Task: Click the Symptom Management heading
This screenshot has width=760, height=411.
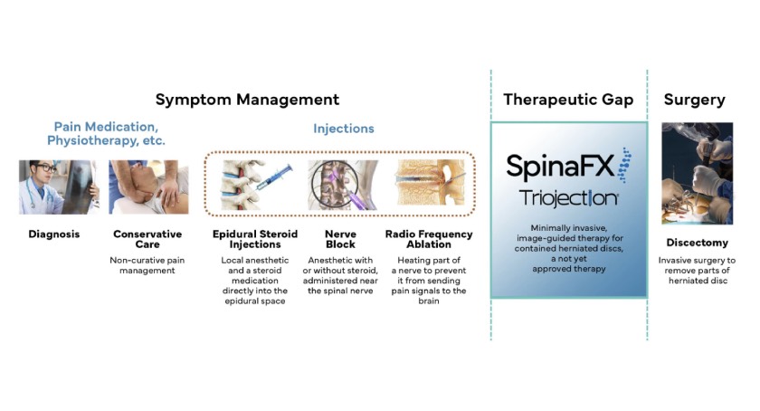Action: [x=247, y=100]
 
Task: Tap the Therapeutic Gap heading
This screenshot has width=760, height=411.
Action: [x=568, y=100]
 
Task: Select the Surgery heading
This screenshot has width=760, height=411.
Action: [x=695, y=100]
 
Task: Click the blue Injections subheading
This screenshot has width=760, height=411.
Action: [x=343, y=129]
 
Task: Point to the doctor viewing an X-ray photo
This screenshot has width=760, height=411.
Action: [x=59, y=187]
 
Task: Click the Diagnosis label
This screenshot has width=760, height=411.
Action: [x=53, y=234]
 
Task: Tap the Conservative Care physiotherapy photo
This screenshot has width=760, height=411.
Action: [x=148, y=187]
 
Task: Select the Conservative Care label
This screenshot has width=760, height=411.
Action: [x=147, y=239]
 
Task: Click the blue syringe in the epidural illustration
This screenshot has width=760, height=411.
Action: [x=274, y=177]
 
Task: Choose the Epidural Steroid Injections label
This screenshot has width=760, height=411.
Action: [x=255, y=239]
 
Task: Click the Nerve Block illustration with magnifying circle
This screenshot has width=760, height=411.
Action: [x=342, y=185]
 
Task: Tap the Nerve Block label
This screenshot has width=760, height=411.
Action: [x=340, y=239]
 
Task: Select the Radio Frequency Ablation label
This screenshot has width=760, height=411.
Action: [x=429, y=239]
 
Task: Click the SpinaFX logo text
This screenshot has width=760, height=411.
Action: [x=560, y=166]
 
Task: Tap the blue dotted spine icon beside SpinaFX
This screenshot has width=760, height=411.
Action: [x=624, y=165]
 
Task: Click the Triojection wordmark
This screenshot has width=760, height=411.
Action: [x=568, y=198]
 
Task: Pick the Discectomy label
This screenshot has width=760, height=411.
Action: [x=697, y=243]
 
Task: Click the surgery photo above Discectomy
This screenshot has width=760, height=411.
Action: [x=697, y=173]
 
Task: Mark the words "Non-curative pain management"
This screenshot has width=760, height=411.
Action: [x=147, y=265]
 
